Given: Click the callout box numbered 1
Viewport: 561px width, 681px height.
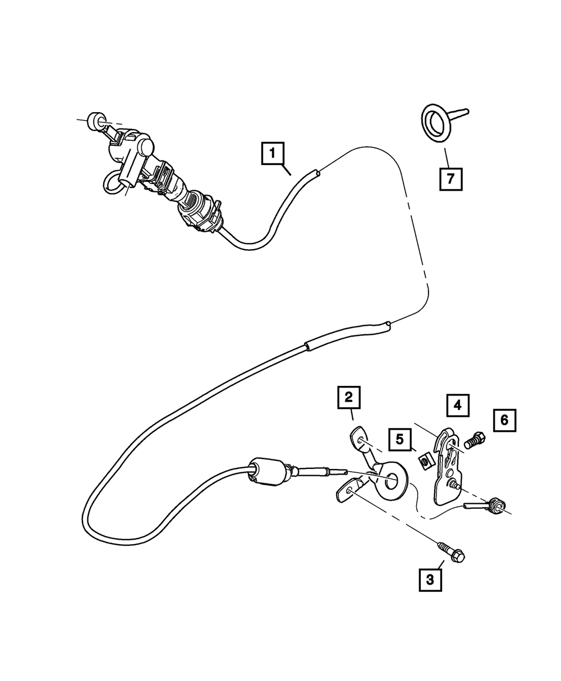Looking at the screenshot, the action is pyautogui.click(x=272, y=153).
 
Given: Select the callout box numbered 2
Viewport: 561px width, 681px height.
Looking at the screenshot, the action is pyautogui.click(x=348, y=398).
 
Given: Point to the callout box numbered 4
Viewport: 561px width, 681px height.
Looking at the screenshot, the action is pyautogui.click(x=458, y=405).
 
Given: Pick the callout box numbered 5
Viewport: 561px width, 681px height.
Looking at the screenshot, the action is pyautogui.click(x=399, y=439).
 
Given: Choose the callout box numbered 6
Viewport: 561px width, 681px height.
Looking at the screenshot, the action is pyautogui.click(x=504, y=420).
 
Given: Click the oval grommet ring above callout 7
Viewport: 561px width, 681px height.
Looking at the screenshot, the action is pyautogui.click(x=435, y=121).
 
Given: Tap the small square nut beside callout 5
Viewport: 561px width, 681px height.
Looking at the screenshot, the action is pyautogui.click(x=425, y=462).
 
